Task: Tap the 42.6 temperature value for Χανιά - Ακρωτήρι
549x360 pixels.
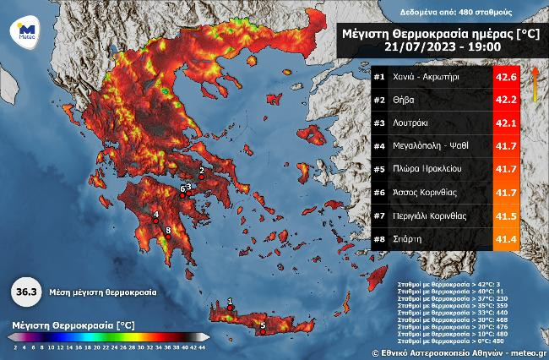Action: click(x=505, y=78)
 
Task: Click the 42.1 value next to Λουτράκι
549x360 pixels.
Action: click(x=505, y=123)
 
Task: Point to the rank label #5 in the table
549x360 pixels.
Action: click(x=379, y=170)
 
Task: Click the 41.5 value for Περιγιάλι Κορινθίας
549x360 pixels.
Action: click(x=505, y=216)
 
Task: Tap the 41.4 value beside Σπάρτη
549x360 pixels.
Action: click(x=505, y=239)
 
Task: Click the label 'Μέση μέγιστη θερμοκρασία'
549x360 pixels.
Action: click(x=102, y=292)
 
